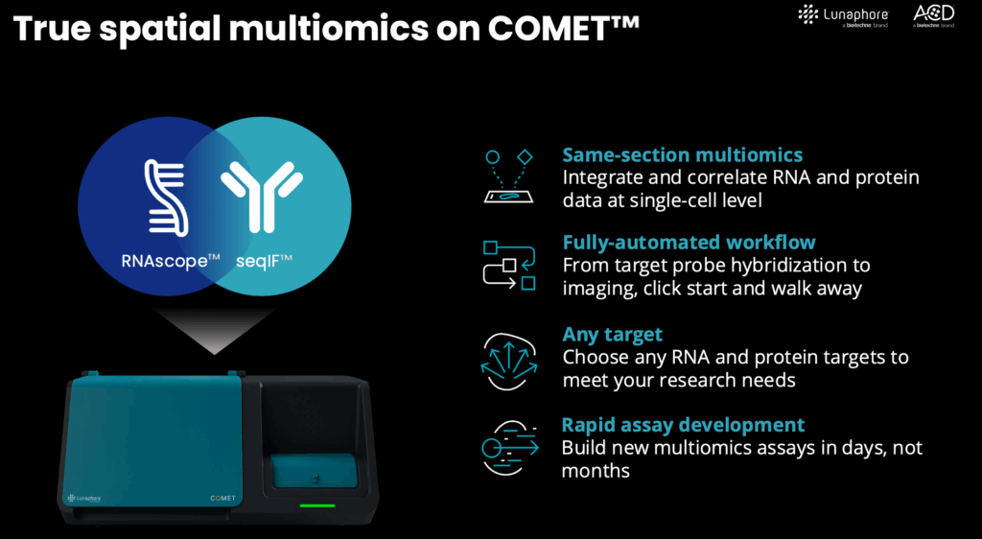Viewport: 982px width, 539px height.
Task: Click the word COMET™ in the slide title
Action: coord(564,29)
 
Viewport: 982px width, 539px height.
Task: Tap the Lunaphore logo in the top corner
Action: coord(843,15)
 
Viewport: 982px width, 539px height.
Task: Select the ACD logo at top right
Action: coord(934,15)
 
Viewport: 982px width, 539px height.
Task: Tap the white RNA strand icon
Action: coord(166,198)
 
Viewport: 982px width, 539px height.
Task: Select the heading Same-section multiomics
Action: coord(683,155)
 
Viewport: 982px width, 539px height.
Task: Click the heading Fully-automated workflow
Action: coord(689,243)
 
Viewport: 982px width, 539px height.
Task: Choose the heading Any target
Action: coord(613,335)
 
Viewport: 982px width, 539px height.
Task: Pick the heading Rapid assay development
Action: coord(683,425)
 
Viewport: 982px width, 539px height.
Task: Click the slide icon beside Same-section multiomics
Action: coord(508,176)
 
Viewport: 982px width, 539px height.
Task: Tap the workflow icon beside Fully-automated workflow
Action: coord(509,266)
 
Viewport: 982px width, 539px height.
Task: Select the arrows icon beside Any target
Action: coord(508,362)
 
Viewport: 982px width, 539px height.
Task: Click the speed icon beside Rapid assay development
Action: coord(510,448)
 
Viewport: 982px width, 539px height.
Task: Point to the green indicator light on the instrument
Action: coord(316,505)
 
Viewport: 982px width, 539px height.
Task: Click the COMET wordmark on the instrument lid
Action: coord(222,499)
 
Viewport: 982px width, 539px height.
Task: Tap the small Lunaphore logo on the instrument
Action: coord(84,499)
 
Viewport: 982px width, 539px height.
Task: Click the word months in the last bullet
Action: coord(595,471)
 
